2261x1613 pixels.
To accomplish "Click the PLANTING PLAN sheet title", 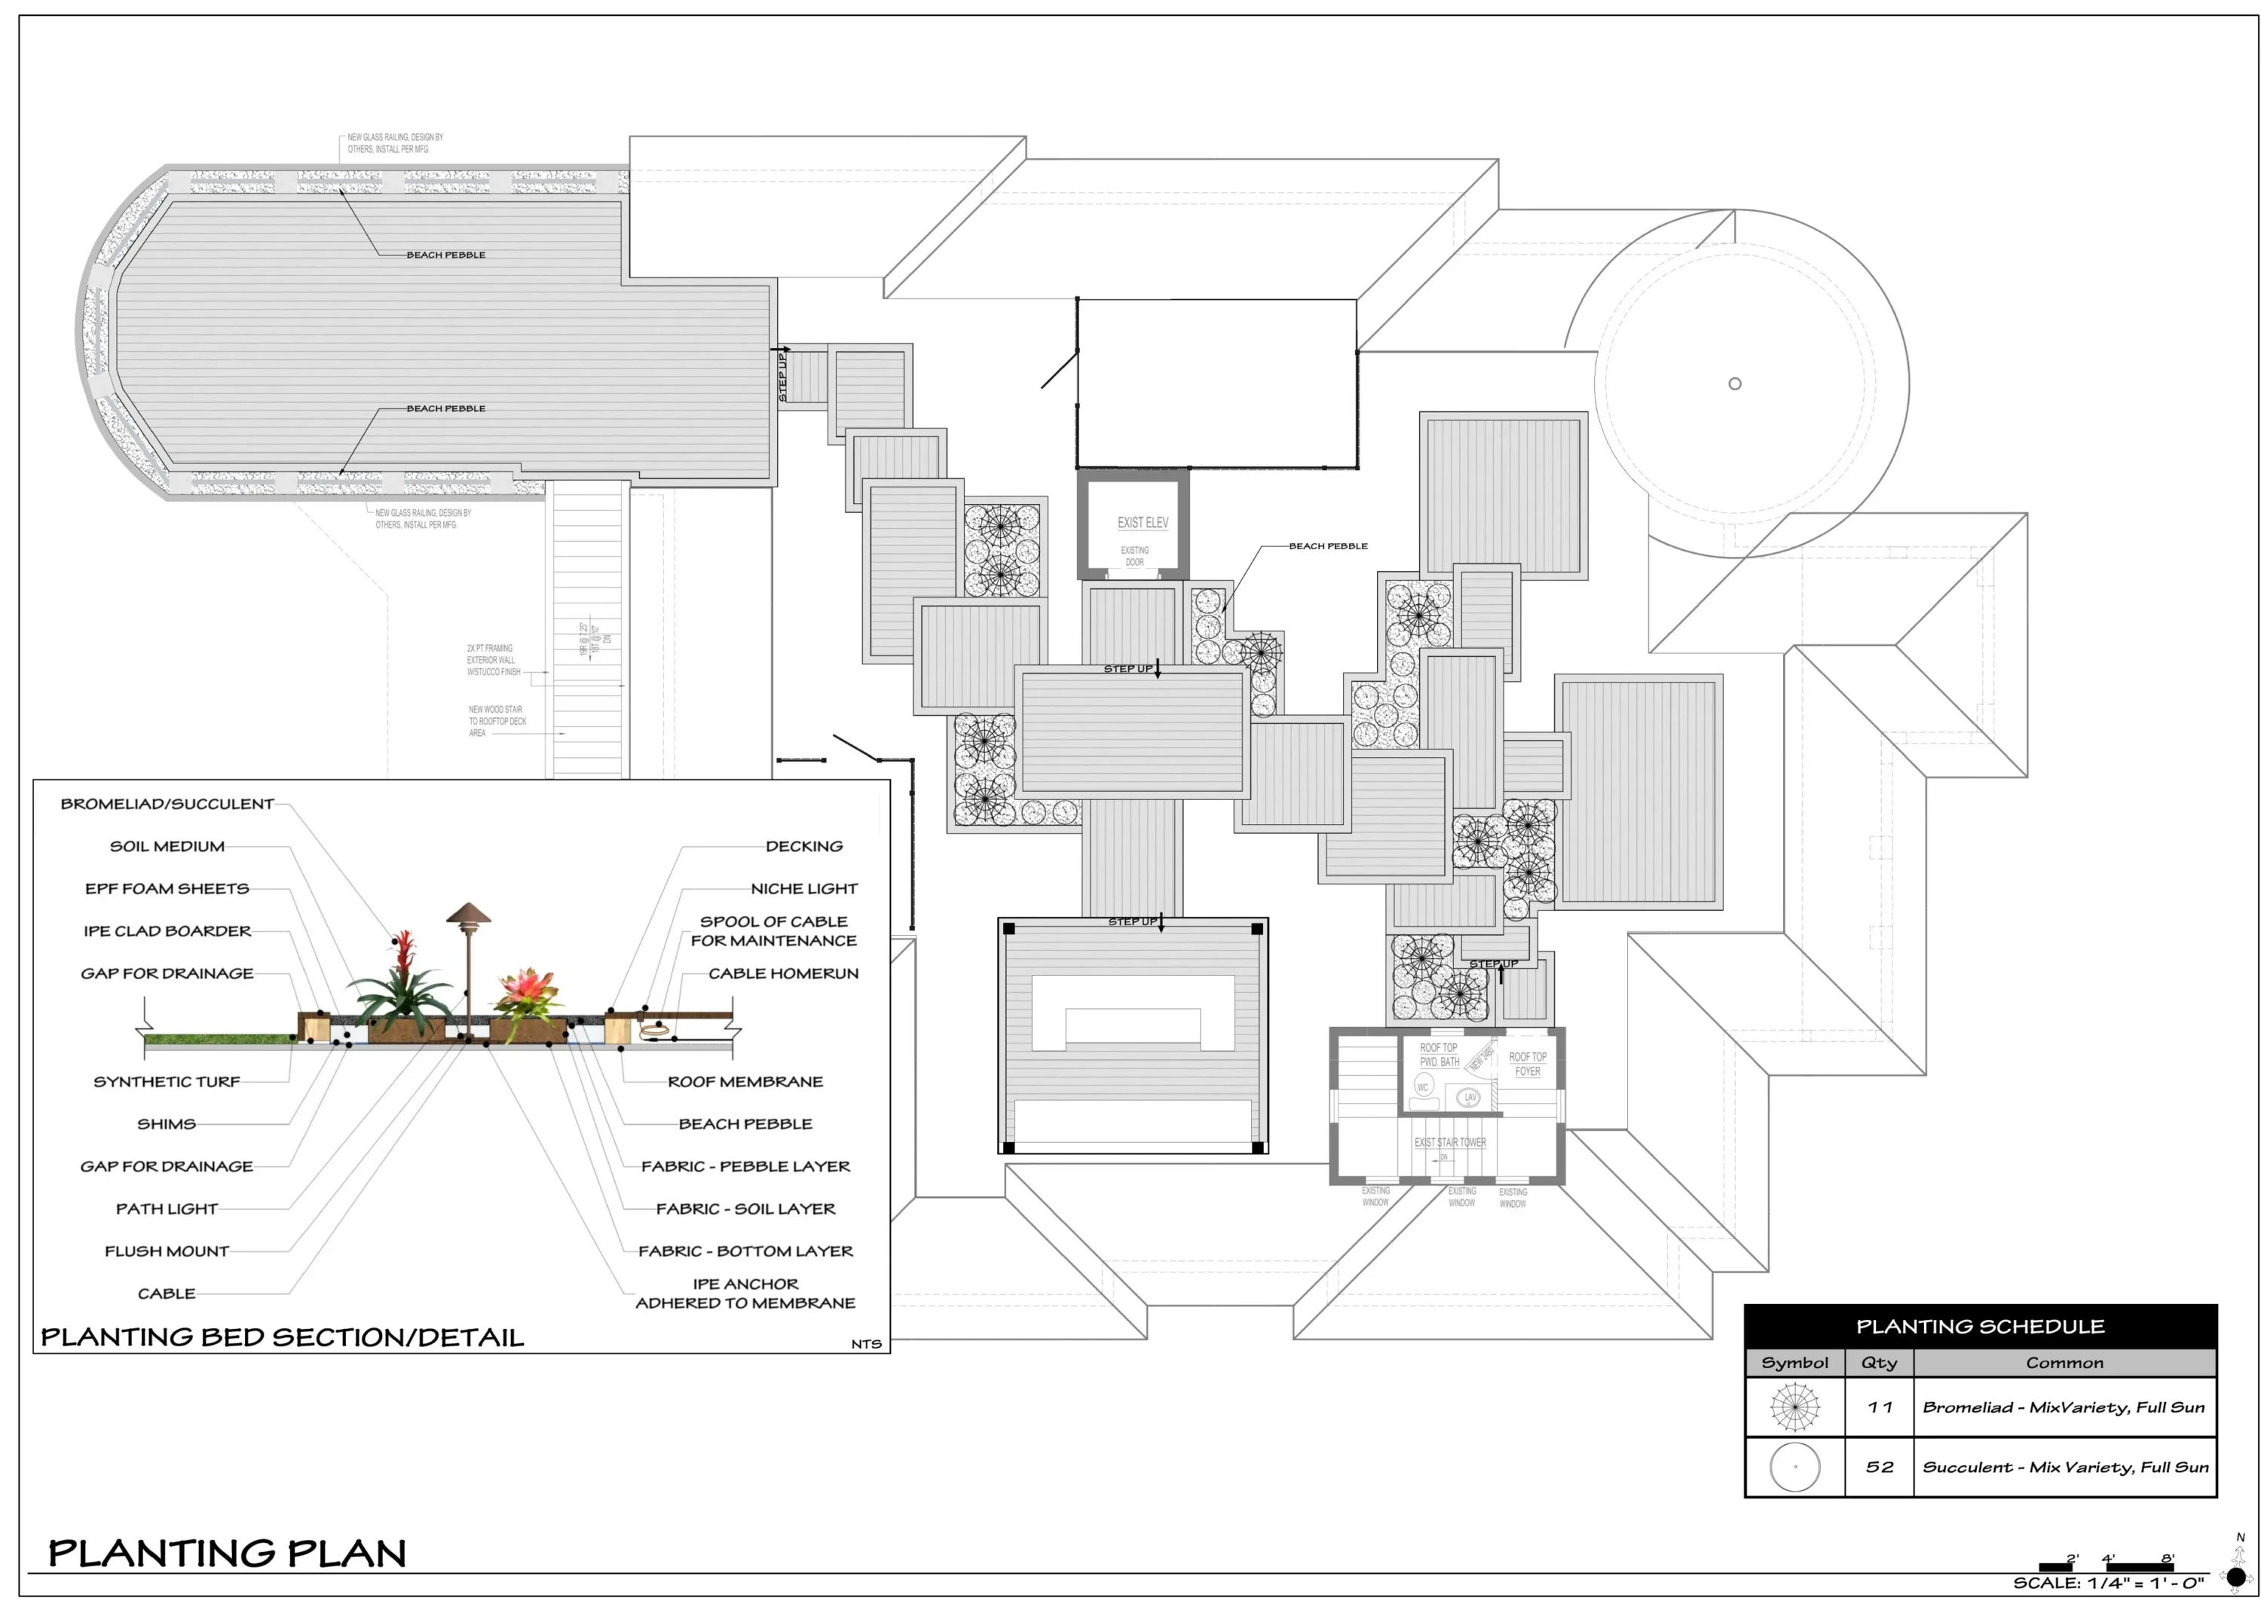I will (227, 1553).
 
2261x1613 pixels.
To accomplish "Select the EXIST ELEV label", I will (1143, 522).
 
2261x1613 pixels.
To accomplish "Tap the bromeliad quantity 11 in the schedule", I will (1879, 1407).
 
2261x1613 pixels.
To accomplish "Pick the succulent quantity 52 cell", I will (1879, 1466).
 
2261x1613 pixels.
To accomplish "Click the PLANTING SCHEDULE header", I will (1979, 1326).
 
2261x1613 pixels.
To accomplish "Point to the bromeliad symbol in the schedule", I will (1794, 1407).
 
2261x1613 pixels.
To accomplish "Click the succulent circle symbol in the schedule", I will (1794, 1466).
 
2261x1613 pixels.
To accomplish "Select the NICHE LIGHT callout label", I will (803, 888).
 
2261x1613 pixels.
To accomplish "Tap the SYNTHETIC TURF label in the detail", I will (167, 1080).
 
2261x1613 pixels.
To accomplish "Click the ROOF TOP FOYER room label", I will (1527, 1064).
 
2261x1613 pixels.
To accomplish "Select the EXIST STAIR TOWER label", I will (1449, 1142).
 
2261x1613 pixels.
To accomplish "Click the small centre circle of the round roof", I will (1734, 383).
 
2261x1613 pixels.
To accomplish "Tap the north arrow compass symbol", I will (2236, 1575).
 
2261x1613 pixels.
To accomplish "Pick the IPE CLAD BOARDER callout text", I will (167, 930).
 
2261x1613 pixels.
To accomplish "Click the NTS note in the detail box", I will (865, 1344).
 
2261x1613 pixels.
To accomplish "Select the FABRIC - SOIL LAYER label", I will (745, 1208).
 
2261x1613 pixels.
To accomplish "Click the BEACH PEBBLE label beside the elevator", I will (1328, 545).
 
